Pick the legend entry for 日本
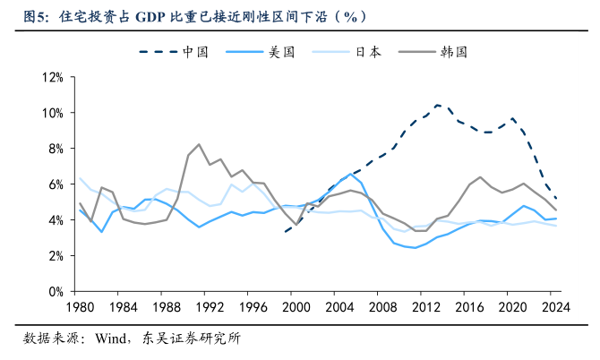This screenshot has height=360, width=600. [x=368, y=52]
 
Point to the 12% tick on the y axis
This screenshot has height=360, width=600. [x=49, y=77]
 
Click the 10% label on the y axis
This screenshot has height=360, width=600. [x=49, y=113]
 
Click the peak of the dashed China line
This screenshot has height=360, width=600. [x=437, y=105]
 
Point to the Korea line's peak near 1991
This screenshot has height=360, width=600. [x=198, y=144]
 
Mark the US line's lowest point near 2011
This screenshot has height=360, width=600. [x=415, y=248]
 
